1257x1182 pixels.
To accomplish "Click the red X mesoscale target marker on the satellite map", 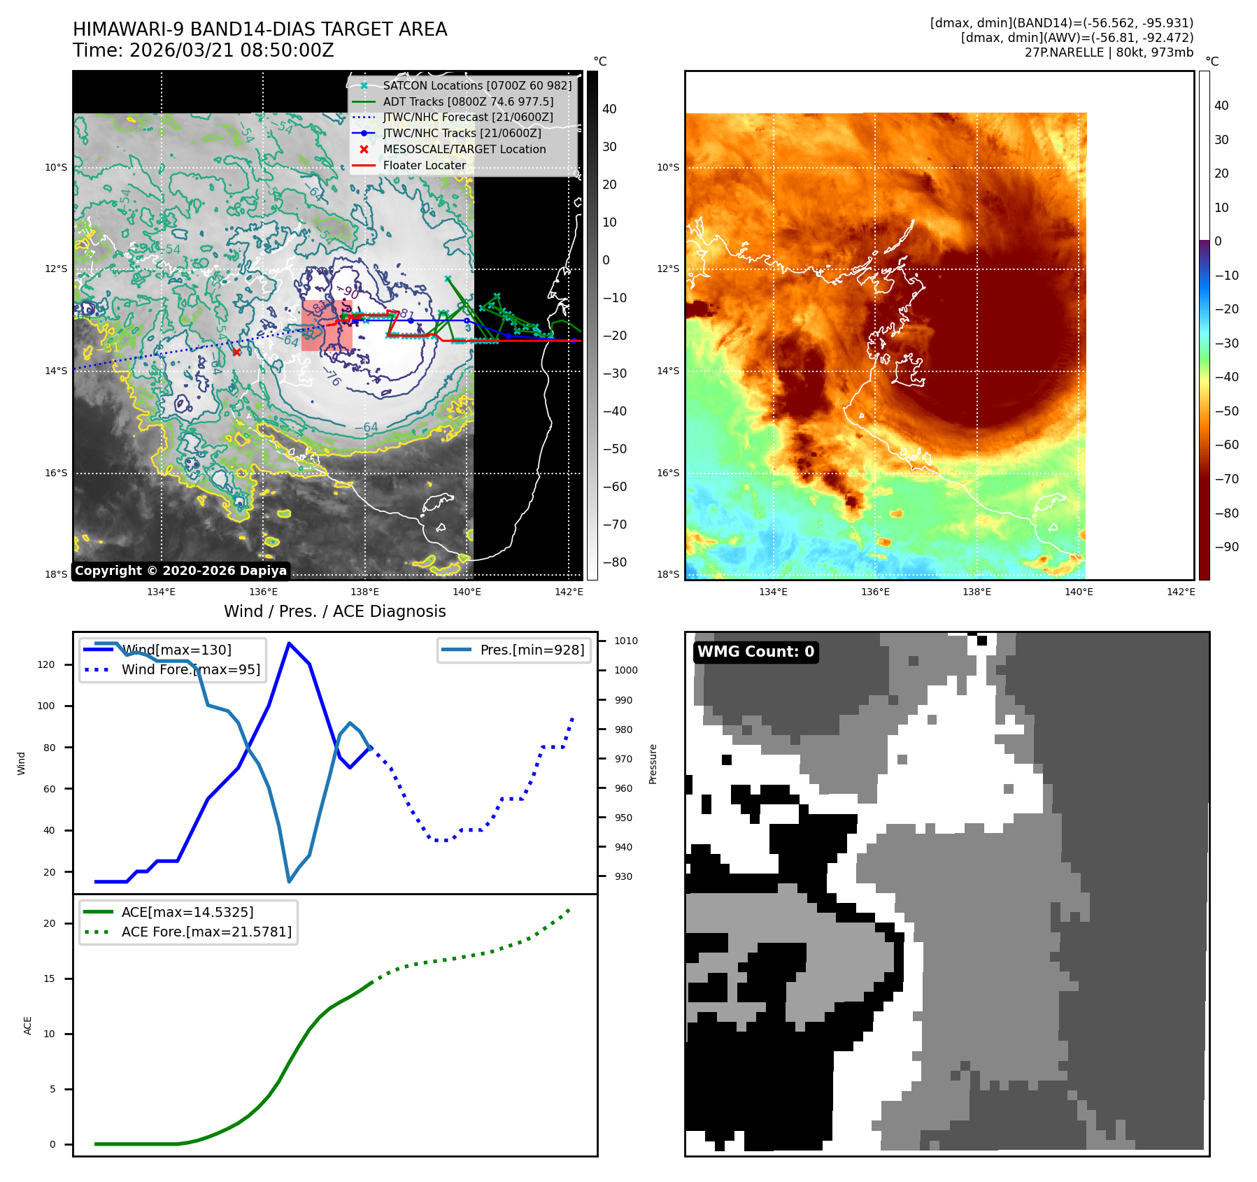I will [236, 352].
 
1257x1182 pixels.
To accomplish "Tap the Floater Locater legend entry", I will [424, 165].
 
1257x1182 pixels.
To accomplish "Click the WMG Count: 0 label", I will [755, 652].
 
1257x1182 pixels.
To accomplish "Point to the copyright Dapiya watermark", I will [180, 571].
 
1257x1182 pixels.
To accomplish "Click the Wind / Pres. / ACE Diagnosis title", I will [334, 611].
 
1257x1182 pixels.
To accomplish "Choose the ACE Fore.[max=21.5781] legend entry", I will [206, 932].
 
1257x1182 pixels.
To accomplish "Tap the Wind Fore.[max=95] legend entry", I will [190, 669].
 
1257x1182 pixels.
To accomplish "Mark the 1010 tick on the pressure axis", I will [626, 641].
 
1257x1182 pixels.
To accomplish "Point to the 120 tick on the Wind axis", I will [46, 664].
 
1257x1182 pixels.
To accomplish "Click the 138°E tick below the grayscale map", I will [364, 592].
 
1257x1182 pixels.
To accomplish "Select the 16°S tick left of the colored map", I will [667, 473].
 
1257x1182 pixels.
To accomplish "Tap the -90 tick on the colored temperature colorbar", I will [1226, 547].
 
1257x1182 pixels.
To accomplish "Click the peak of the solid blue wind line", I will [289, 643].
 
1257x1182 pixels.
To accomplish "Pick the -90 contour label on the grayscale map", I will [348, 292].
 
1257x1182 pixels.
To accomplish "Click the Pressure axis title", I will [653, 764].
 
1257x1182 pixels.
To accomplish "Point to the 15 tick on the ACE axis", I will [49, 978].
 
